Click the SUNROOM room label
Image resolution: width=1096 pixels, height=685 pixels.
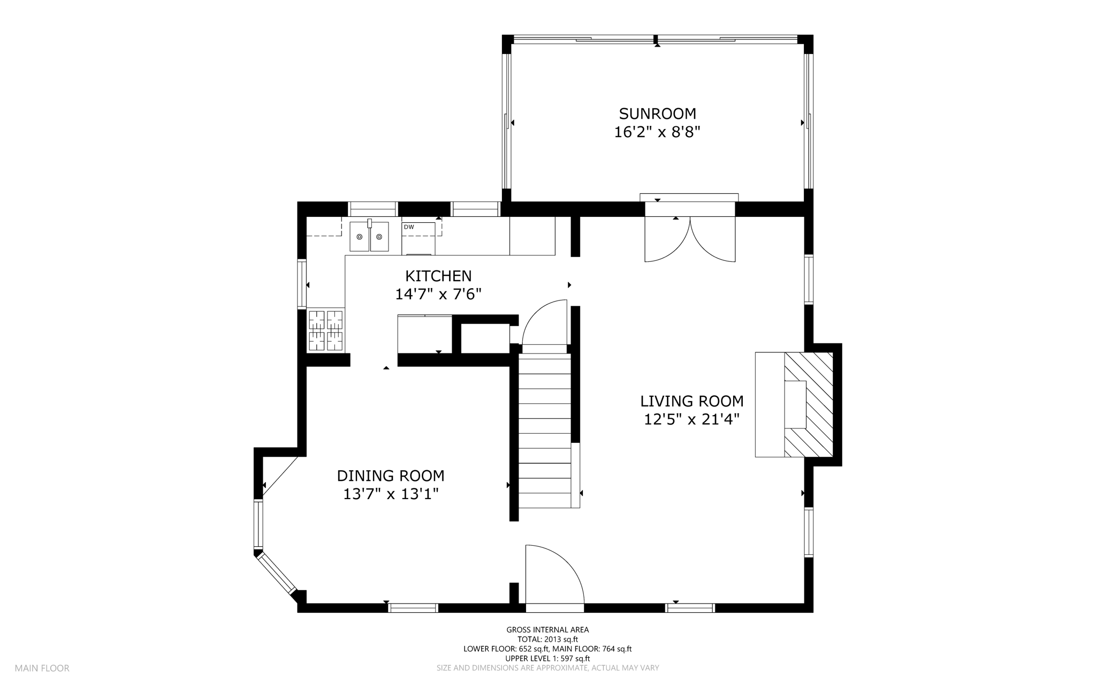pos(657,114)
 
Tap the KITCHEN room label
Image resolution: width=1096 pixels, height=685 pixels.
pos(438,276)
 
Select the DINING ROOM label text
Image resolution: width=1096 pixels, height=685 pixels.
pos(391,476)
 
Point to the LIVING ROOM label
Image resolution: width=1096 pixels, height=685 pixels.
pos(692,401)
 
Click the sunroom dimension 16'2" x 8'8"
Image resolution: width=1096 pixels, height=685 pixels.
pos(657,132)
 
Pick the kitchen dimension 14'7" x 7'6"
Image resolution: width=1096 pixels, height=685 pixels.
pos(438,294)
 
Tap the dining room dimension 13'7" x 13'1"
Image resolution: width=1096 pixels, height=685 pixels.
pos(391,494)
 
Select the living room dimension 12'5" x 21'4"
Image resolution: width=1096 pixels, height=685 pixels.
pos(692,419)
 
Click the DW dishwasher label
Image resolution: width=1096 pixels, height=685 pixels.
pos(409,227)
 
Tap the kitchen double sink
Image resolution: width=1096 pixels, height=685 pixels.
pos(369,237)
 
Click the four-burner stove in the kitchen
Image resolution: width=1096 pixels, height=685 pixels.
pos(326,330)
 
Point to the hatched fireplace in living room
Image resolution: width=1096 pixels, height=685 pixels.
pos(809,404)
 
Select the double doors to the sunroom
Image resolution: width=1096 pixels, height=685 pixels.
pos(690,239)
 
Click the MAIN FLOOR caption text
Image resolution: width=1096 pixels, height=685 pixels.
pos(42,668)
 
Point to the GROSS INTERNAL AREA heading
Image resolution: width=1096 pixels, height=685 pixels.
pos(547,630)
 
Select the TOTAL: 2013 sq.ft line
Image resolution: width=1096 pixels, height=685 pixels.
pos(547,639)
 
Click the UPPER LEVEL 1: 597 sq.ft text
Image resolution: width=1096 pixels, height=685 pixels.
pos(547,659)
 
